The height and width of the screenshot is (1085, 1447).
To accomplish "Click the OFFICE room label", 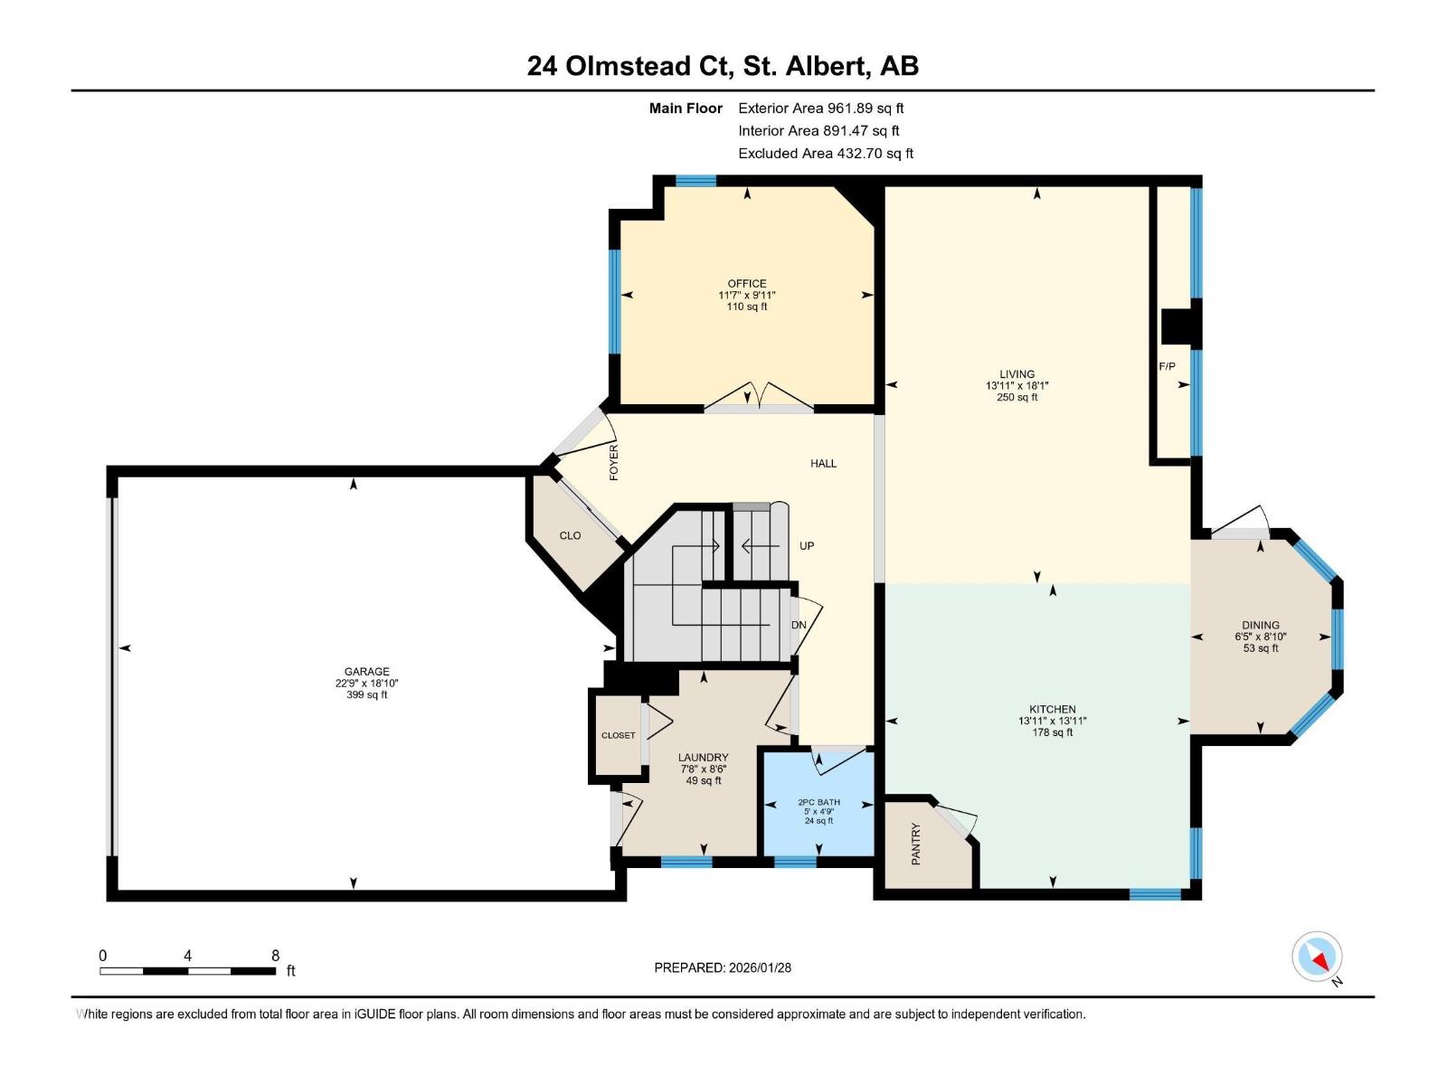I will (747, 283).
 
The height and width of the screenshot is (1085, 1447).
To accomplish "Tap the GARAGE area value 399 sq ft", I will (366, 694).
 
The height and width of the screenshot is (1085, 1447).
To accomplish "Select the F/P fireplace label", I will (1168, 366).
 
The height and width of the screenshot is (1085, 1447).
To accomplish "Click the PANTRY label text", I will (915, 844).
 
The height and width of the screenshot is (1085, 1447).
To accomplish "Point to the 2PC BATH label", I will (818, 802).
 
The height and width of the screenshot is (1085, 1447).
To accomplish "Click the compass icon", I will (1317, 957).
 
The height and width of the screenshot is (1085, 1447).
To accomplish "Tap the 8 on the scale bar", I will (275, 955).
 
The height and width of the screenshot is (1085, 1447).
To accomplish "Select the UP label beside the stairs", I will (807, 546).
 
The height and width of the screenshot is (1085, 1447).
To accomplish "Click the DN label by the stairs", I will (799, 625).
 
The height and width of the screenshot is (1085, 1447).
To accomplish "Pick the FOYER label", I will (614, 462).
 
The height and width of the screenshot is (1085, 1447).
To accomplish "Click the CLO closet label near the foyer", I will (570, 535).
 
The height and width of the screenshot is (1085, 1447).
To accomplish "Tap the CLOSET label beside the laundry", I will (619, 735).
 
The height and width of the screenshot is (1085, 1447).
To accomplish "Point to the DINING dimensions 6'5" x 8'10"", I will (1261, 637).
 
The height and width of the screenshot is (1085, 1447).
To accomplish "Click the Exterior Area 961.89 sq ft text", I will (821, 108).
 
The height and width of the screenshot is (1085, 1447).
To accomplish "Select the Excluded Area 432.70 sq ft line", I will (826, 154).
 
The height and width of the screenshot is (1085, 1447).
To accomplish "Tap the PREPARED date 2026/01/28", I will (723, 967).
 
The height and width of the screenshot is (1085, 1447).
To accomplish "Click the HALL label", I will (823, 463).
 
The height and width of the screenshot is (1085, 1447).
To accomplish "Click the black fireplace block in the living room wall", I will (1179, 327).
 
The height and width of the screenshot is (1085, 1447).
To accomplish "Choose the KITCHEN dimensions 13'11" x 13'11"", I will (1052, 721).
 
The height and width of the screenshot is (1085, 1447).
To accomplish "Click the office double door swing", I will (760, 396).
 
